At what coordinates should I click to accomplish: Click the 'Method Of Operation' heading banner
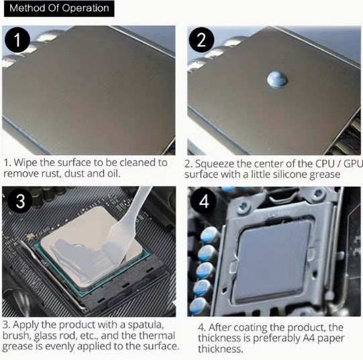point(59,8)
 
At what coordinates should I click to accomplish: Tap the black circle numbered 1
point(17,40)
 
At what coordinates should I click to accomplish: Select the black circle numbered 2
point(201,40)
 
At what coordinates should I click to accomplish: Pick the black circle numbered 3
point(20,201)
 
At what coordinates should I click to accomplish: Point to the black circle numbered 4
point(204,201)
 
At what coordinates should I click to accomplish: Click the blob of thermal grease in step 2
point(277,80)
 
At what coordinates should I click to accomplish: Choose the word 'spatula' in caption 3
point(146,325)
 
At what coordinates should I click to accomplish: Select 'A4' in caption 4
point(309,338)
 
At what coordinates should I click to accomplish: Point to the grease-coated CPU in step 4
point(273,262)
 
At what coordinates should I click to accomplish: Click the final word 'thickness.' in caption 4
point(220,349)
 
